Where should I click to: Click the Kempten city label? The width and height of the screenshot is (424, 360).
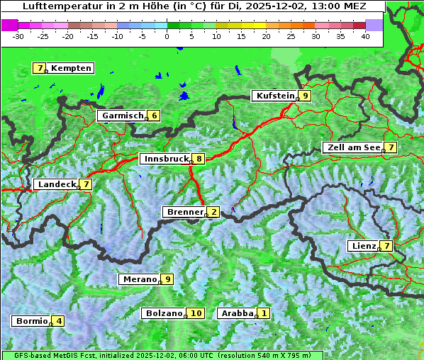(x=71, y=68)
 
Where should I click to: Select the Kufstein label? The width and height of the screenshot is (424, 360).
(x=275, y=96)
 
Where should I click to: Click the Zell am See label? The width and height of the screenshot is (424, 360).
(x=352, y=147)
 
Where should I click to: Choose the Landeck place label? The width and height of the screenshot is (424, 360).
(x=56, y=184)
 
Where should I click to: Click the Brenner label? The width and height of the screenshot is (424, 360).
(x=184, y=212)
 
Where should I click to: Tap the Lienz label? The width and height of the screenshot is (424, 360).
(x=363, y=246)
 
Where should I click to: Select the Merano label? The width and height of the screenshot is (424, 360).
(x=139, y=279)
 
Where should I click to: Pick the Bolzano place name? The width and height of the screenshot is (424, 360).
(x=164, y=313)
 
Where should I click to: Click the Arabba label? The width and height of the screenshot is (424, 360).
(x=237, y=313)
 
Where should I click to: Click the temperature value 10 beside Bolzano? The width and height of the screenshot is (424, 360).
(x=196, y=313)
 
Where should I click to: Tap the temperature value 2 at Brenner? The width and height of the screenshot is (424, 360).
(x=213, y=212)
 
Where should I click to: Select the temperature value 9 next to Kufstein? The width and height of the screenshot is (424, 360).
(x=305, y=96)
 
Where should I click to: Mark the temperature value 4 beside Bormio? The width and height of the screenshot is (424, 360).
(x=59, y=321)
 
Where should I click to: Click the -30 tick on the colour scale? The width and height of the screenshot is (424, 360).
(x=18, y=35)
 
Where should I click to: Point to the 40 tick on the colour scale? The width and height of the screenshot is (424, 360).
(x=366, y=35)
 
